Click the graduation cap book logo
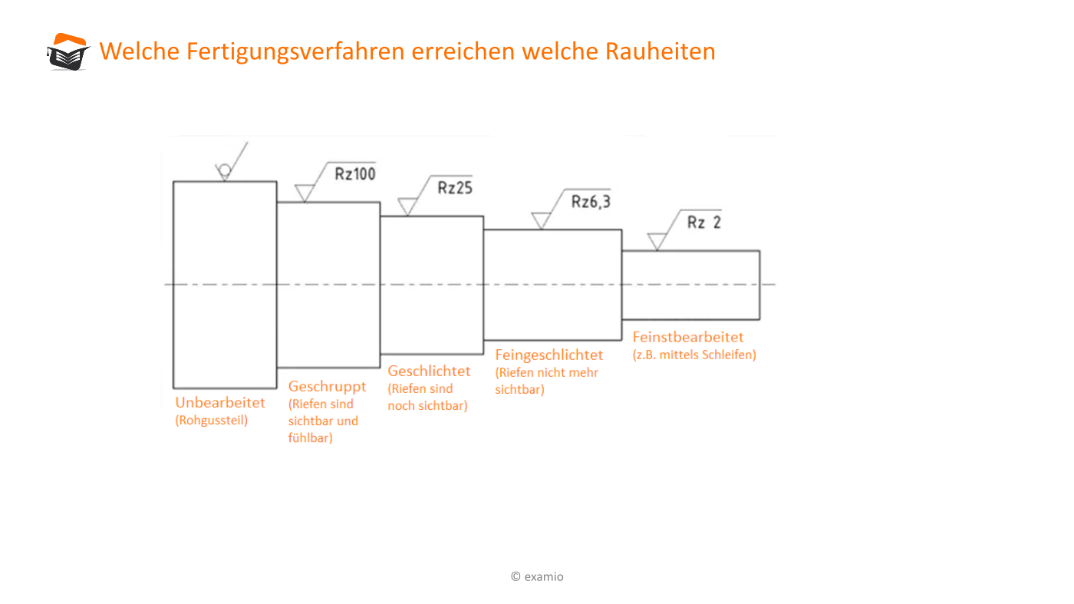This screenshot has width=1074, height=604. tap(68, 52)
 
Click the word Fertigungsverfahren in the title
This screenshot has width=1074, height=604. tap(295, 52)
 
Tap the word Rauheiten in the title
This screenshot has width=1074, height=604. tap(661, 51)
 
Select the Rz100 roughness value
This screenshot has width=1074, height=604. tap(354, 173)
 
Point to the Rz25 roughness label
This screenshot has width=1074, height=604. tap(455, 187)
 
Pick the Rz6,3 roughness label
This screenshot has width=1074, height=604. tap(591, 202)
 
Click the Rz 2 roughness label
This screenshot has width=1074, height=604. tap(704, 222)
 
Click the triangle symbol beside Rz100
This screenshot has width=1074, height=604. tap(305, 193)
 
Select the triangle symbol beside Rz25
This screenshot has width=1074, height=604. tap(407, 206)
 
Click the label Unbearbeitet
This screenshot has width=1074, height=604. tap(220, 402)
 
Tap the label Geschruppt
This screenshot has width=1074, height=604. tap(327, 387)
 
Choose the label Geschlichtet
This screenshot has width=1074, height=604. tap(429, 371)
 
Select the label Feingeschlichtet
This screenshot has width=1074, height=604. tap(549, 355)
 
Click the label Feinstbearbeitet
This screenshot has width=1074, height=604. tap(688, 337)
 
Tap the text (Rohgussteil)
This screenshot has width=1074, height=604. tap(212, 421)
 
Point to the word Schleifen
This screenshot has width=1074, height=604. tap(727, 355)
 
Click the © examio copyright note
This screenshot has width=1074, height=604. tap(537, 576)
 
